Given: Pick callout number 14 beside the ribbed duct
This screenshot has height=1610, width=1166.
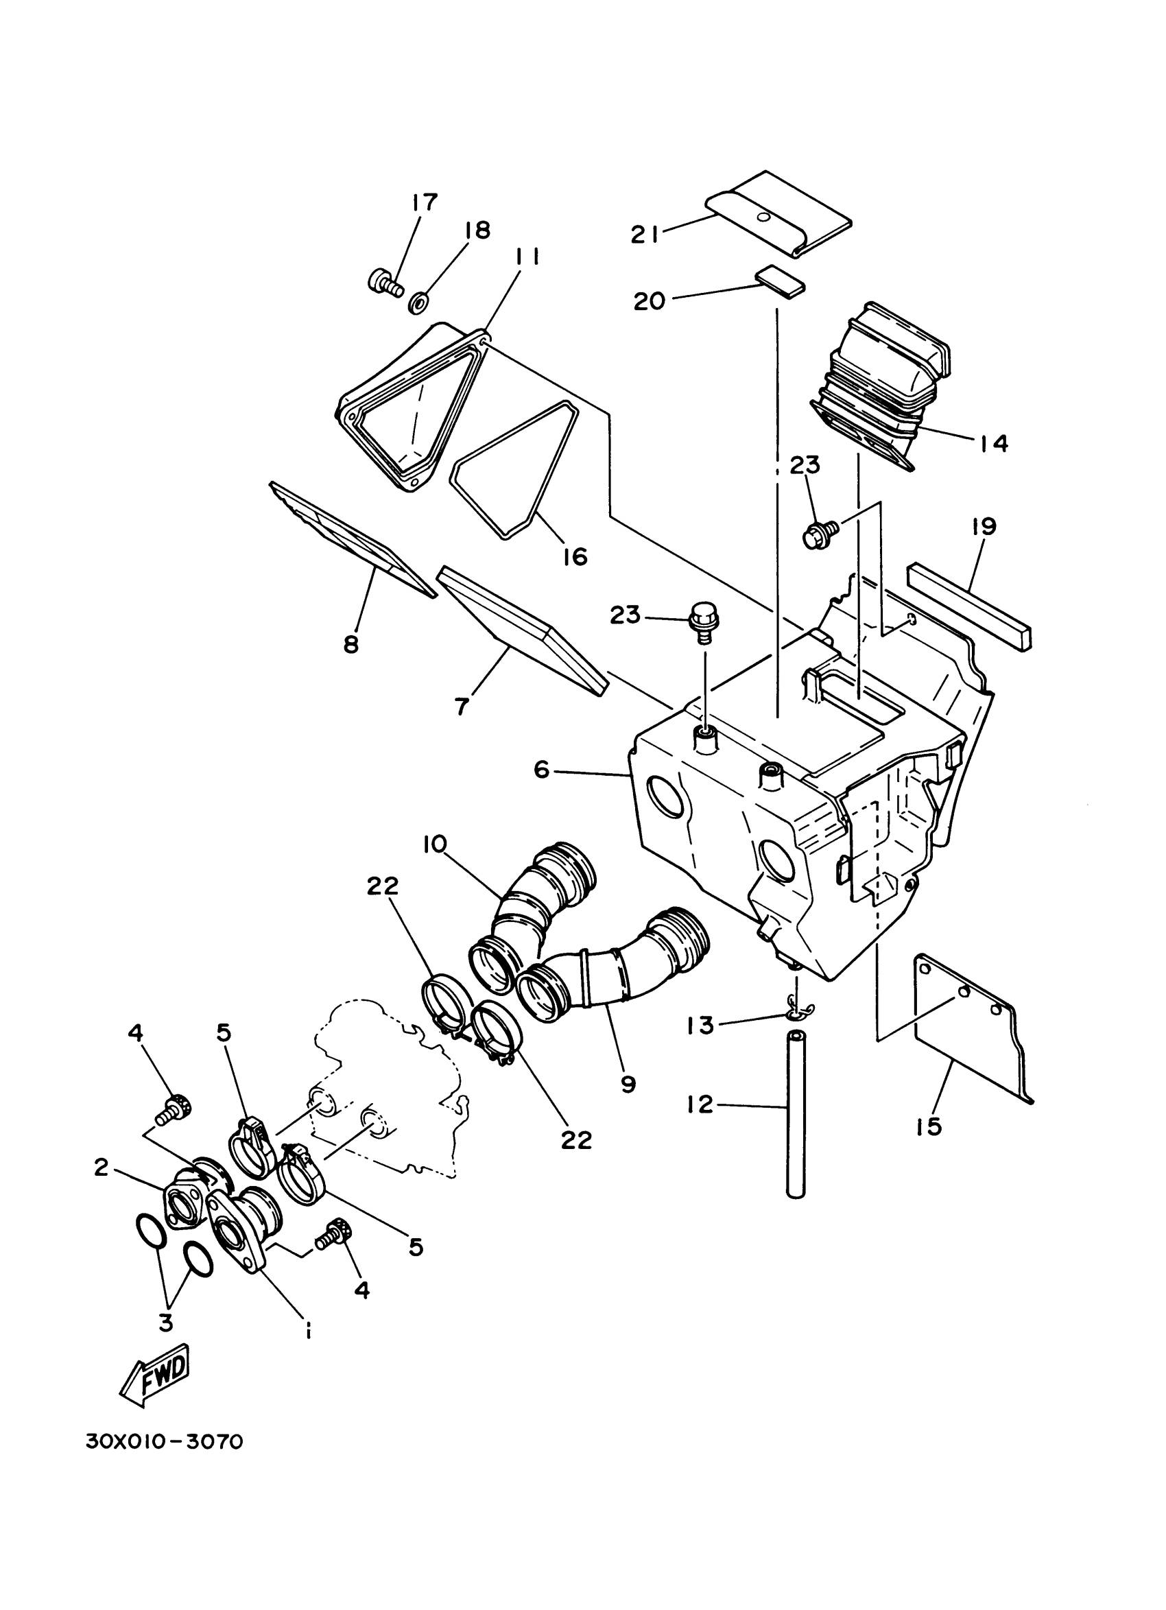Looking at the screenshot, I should pyautogui.click(x=994, y=443).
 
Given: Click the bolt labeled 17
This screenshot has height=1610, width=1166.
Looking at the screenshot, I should pyautogui.click(x=383, y=284).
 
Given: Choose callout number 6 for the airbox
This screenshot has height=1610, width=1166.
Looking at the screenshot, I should pyautogui.click(x=541, y=770).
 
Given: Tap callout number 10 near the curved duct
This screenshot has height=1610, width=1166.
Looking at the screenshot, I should pyautogui.click(x=434, y=844).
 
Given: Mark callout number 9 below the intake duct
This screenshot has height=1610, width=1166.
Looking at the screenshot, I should pyautogui.click(x=628, y=1084).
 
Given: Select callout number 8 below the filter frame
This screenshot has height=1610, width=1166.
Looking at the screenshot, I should pyautogui.click(x=351, y=644).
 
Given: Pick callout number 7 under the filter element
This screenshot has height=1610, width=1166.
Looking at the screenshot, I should pyautogui.click(x=462, y=707).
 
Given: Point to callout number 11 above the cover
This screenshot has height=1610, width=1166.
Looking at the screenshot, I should pyautogui.click(x=527, y=259).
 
